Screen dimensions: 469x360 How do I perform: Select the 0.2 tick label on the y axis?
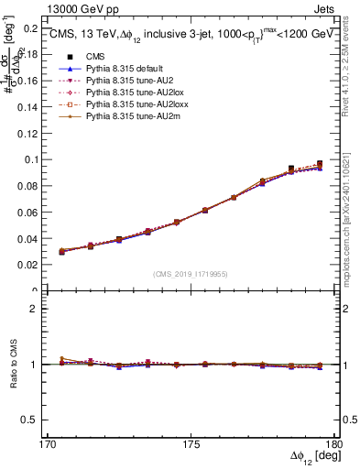pyautogui.click(x=33, y=27)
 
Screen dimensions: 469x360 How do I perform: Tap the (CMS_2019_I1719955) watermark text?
pyautogui.click(x=191, y=272)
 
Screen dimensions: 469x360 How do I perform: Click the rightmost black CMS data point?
pyautogui.click(x=320, y=164)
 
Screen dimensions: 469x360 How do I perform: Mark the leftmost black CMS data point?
pyautogui.click(x=61, y=251)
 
